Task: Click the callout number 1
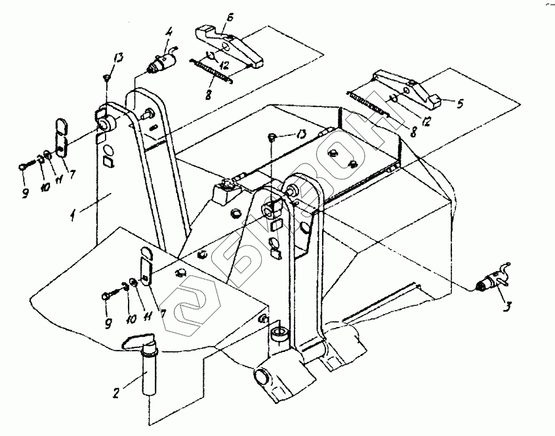pyautogui.click(x=73, y=215)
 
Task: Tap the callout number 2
pyautogui.click(x=116, y=393)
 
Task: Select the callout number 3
pyautogui.click(x=507, y=307)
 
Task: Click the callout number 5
pyautogui.click(x=460, y=104)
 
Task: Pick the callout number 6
pyautogui.click(x=230, y=17)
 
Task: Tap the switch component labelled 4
pyautogui.click(x=163, y=62)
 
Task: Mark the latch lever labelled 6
pyautogui.click(x=228, y=46)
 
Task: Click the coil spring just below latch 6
pyautogui.click(x=211, y=71)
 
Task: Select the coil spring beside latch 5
pyautogui.click(x=368, y=104)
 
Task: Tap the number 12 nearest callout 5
pyautogui.click(x=426, y=121)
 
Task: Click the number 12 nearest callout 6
pyautogui.click(x=223, y=64)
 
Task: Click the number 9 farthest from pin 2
pyautogui.click(x=25, y=193)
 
